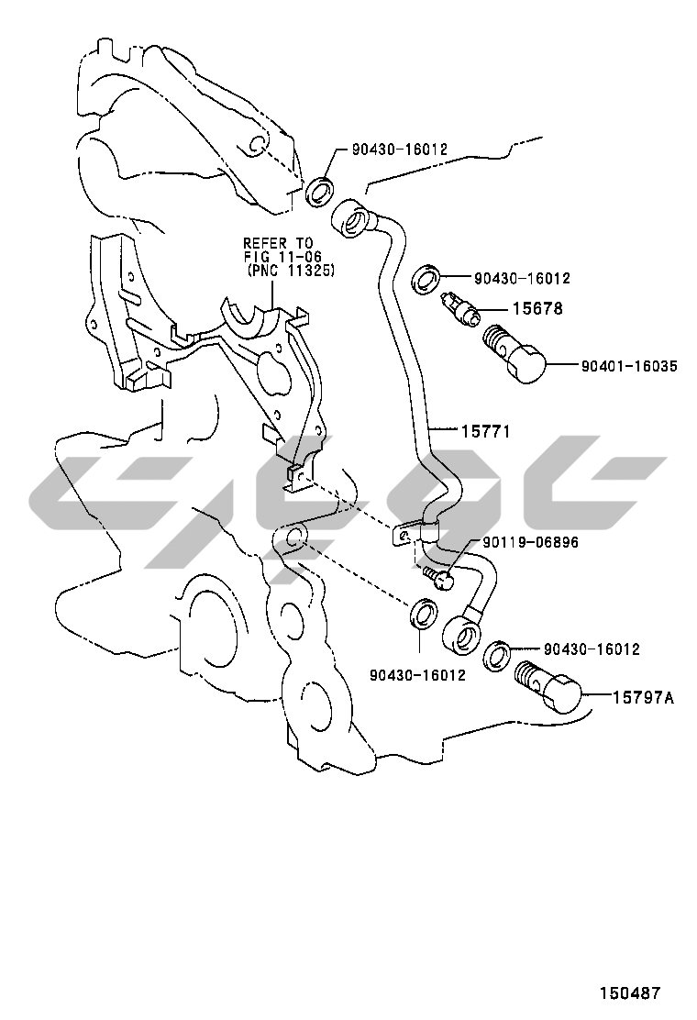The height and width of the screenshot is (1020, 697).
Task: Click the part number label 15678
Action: click(x=537, y=308)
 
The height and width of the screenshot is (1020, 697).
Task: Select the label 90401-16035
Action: click(x=629, y=366)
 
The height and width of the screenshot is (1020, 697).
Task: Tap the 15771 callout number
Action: click(x=486, y=430)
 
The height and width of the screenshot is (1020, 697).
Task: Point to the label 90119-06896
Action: click(x=531, y=542)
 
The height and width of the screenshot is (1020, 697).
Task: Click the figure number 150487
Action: click(x=629, y=992)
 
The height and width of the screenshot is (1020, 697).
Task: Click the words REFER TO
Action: click(x=278, y=243)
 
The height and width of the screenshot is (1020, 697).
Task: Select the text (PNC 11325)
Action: click(x=291, y=270)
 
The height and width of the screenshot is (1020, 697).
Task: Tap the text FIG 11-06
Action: click(x=282, y=257)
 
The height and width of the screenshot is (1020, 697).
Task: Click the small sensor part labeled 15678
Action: click(x=460, y=307)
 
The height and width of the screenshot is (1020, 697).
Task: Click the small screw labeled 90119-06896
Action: click(x=437, y=576)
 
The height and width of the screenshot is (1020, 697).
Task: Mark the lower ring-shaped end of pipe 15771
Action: click(x=461, y=634)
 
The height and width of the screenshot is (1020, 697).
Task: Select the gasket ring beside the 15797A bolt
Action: click(x=497, y=655)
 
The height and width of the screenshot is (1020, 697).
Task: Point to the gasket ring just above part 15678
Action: click(x=427, y=280)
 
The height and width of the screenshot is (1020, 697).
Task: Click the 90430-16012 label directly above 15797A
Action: click(x=592, y=649)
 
